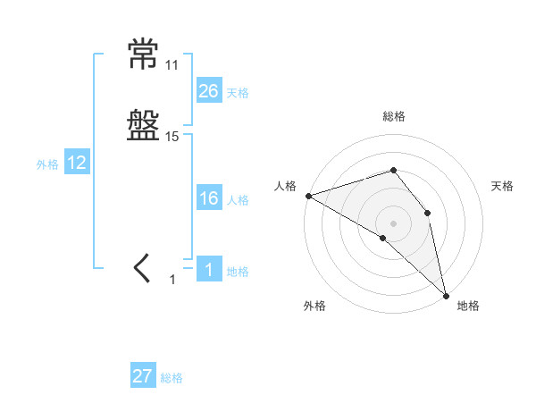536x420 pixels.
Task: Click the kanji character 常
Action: pos(144,56)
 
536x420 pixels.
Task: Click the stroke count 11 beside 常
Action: pos(172,65)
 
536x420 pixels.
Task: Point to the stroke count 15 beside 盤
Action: pos(172,137)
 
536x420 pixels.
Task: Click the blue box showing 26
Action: pos(209,90)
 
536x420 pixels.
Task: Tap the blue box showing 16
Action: pos(209,198)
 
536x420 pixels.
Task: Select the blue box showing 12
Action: pos(77,163)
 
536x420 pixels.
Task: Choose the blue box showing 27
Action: pos(143,376)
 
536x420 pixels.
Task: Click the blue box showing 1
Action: pos(209,270)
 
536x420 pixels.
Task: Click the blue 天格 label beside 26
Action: pos(238,92)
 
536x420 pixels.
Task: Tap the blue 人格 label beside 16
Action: pos(238,200)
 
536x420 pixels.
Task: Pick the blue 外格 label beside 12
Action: pos(47,164)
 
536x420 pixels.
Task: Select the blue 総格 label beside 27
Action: pos(172,378)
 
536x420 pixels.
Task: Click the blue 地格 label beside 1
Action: pos(238,272)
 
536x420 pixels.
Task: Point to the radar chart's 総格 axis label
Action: pos(394,116)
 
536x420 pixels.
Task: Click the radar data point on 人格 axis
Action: pos(308,195)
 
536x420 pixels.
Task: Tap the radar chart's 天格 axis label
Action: pos(503,186)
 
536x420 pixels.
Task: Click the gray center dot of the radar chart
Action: pos(394,223)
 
